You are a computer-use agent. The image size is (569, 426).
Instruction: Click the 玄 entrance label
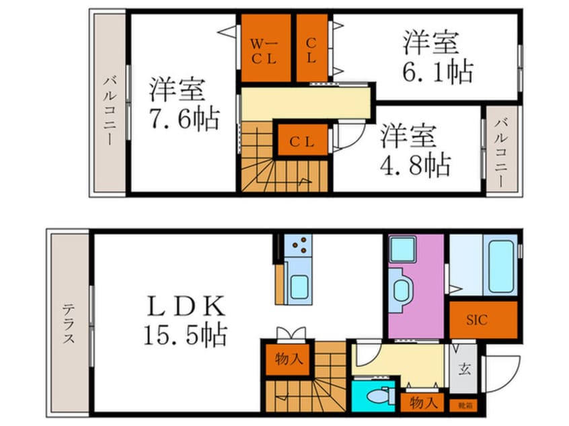click(464, 368)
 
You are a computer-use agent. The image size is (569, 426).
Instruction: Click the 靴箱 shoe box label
click(464, 405)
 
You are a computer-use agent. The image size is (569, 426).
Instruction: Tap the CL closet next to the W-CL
click(311, 50)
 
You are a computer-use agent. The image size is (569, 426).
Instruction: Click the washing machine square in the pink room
click(404, 249)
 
